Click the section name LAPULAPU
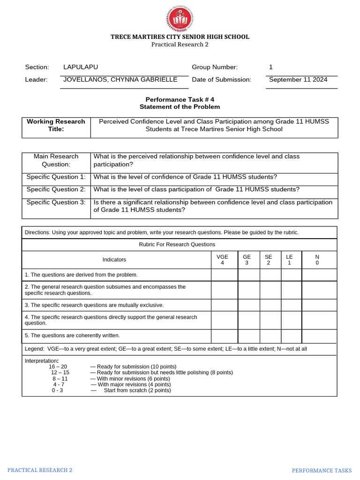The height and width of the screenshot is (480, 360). coord(81,67)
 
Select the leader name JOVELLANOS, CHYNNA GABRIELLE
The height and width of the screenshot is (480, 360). coord(120,80)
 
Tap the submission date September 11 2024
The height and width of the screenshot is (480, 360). coord(298,80)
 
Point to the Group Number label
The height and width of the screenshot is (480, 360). coord(215,67)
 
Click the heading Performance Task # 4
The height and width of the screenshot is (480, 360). coord(180,99)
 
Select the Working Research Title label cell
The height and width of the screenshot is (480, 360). coord(56,125)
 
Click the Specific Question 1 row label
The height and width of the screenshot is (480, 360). coord(56,177)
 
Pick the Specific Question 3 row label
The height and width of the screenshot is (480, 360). coord(56,202)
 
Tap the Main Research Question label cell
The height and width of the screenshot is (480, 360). coord(56,160)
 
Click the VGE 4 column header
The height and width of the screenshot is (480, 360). coord(222,260)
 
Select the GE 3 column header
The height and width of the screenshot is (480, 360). coord(247,260)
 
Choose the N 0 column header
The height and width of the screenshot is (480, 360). coord(317,260)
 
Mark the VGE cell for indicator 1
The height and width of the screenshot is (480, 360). coord(224,275)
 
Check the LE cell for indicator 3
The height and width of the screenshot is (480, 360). coord(291,305)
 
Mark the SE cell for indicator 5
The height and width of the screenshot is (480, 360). coord(270,336)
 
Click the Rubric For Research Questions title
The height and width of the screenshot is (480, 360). coord(177,244)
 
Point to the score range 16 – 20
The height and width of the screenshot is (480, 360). coord(58,367)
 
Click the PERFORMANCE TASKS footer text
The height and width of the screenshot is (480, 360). coord(322,471)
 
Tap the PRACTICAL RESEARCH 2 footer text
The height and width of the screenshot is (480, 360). coord(40,470)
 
